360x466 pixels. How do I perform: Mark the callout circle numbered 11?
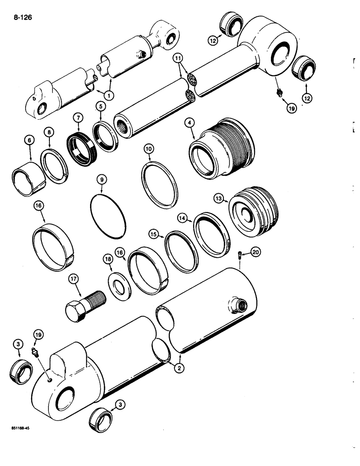pos(177,58)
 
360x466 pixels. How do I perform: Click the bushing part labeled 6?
pos(28,178)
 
